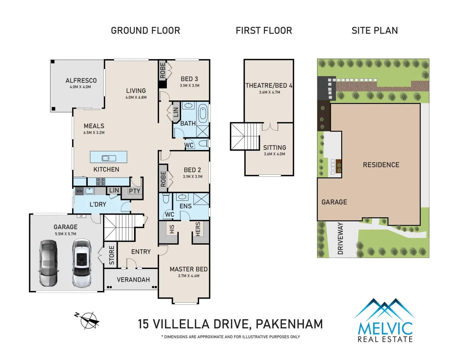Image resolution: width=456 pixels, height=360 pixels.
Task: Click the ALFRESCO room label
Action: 81,80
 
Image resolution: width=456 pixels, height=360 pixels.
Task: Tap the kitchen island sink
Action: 109,158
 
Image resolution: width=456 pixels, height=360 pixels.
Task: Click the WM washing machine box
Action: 79,191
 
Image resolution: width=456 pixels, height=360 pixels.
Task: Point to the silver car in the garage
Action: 48,263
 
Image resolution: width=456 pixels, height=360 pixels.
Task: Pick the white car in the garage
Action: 82,263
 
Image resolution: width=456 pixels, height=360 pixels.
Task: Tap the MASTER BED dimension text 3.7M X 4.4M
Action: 188,276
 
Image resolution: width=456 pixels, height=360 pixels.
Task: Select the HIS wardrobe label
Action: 172,229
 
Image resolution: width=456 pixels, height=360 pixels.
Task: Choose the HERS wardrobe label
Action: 198,229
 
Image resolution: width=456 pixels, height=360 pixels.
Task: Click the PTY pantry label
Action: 134,191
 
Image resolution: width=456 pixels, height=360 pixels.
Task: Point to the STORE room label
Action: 112,255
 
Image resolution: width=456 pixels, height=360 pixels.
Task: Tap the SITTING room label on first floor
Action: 275,148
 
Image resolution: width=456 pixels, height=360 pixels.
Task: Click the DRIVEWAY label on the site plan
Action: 340,238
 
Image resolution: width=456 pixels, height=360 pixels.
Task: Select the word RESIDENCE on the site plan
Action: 381,165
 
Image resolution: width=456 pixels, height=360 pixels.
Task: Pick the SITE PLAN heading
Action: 375,31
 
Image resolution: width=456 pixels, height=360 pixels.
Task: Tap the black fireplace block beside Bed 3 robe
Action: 163,84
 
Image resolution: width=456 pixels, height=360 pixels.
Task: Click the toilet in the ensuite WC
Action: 165,198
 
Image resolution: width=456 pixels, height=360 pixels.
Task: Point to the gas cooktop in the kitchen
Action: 101,181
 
